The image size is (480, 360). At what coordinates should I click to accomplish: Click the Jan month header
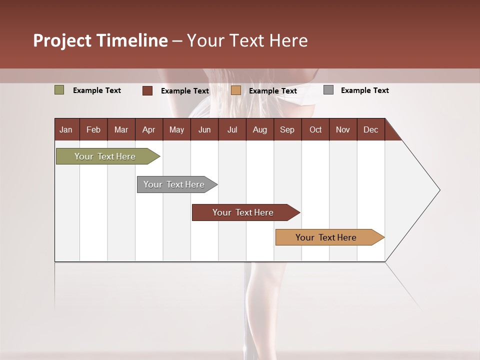point(66,129)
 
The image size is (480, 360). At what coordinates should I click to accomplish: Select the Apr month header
point(148,129)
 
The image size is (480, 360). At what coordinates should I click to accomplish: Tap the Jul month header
point(232,129)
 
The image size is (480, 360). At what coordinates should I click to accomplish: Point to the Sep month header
point(287,129)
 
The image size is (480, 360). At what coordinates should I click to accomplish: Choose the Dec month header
point(370,129)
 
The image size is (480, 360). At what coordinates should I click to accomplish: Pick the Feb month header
point(93,129)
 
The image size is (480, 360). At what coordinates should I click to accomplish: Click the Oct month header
point(315,129)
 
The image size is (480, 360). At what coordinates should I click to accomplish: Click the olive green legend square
point(59,90)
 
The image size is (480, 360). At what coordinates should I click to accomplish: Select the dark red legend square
point(147,90)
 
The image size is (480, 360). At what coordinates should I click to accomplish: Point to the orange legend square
point(236,90)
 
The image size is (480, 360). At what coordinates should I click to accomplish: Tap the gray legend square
point(328,90)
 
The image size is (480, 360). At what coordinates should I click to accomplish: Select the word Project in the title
point(62,40)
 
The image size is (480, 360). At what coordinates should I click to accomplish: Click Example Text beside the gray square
point(364,90)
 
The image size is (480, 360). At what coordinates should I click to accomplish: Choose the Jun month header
point(204,129)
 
